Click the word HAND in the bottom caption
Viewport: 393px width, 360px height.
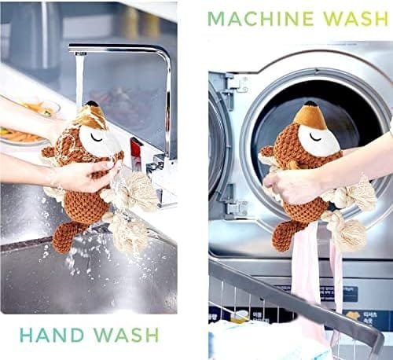(52, 335)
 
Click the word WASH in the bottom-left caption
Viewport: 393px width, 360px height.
(127, 335)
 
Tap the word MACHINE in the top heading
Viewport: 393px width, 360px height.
(261, 18)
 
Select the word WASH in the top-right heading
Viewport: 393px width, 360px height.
(356, 18)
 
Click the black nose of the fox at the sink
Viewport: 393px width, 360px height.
(92, 104)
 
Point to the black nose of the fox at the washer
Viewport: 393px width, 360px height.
(312, 104)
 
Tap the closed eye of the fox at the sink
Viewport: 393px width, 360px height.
(97, 137)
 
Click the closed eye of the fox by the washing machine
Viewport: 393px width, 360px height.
(315, 137)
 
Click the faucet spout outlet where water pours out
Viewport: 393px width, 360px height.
(80, 53)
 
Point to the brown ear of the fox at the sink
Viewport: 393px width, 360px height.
(50, 152)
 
